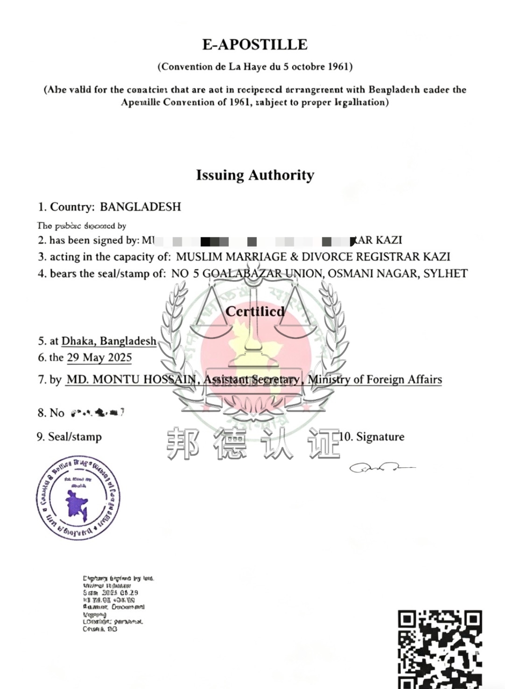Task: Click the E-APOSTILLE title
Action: point(254,44)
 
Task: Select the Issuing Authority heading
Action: point(255,175)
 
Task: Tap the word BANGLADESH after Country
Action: point(140,207)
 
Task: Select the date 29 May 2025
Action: point(99,358)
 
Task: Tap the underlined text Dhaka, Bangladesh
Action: point(109,341)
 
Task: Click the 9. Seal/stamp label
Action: point(69,437)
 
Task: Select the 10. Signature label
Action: point(372,437)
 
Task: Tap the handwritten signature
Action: point(380,467)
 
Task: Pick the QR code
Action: point(440,649)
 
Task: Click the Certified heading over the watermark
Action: point(255,311)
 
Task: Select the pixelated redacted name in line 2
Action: point(252,241)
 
